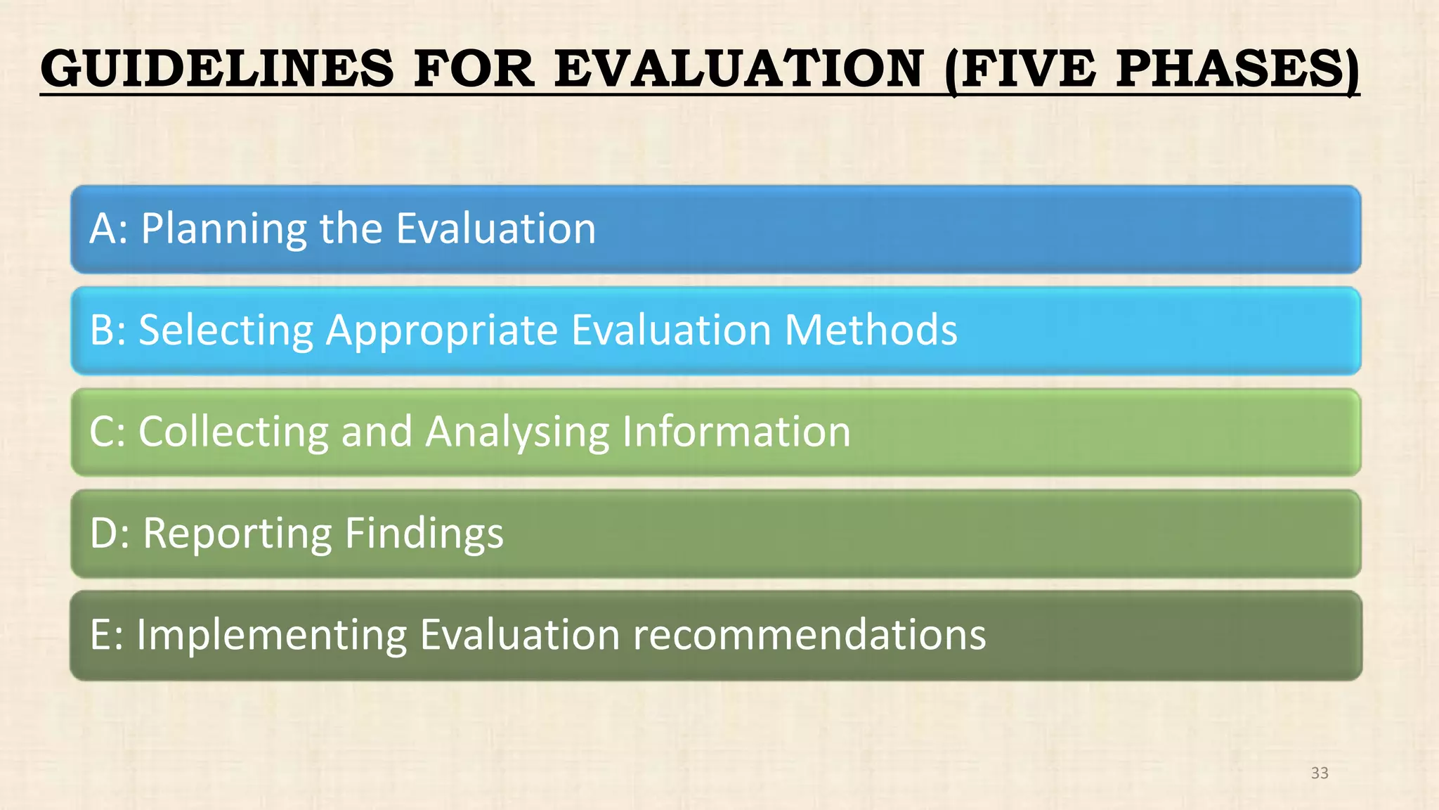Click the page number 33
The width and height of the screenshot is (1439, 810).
point(1320,773)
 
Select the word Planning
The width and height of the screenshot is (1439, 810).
point(223,230)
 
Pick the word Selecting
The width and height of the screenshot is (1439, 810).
point(226,331)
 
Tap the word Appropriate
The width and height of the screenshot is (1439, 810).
point(442,331)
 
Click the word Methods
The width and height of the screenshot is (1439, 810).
point(871,330)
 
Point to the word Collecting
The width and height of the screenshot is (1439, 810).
point(233,432)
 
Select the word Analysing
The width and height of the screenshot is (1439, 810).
point(517,432)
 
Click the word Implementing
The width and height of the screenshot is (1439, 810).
point(272,636)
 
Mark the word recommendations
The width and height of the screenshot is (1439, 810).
point(809,634)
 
